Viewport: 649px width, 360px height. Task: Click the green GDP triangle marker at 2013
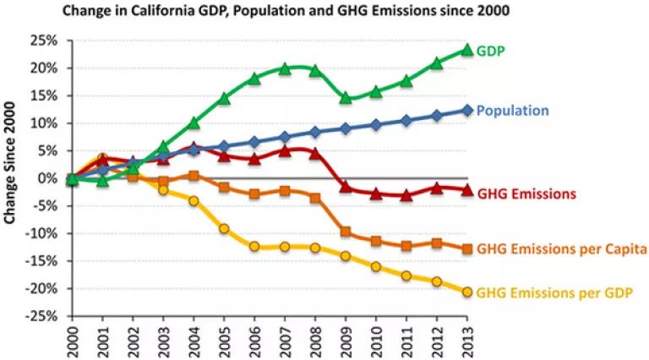pos(466,50)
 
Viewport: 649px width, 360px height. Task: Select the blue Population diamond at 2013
pos(466,111)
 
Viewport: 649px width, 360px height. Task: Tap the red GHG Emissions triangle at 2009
pos(346,188)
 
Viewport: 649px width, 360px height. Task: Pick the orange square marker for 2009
pos(346,232)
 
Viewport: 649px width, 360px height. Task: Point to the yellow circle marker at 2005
pos(224,229)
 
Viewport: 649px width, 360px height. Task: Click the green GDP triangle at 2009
pos(346,98)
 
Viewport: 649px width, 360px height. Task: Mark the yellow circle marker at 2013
pos(466,292)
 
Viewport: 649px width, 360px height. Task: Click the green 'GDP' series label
pos(491,52)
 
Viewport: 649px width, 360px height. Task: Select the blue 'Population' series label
pos(513,111)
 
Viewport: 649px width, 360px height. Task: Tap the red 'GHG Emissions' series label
pos(526,194)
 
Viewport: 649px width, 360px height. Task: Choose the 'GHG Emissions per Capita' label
pos(562,249)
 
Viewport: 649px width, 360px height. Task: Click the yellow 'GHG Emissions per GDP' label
pos(554,293)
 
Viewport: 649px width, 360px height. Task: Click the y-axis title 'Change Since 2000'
pos(9,163)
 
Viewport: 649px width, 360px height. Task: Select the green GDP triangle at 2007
pos(285,68)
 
